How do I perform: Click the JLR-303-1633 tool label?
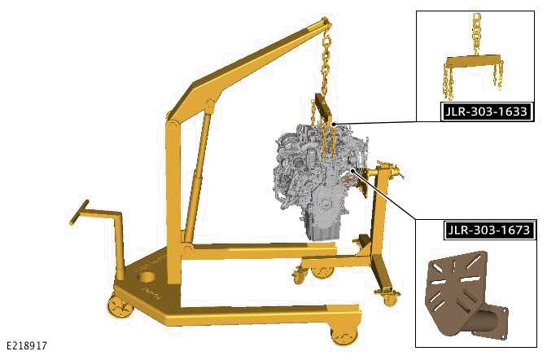pos(488,112)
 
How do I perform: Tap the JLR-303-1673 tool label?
pos(489,230)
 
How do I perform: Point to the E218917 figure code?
pos(27,345)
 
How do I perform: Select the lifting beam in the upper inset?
pos(474,62)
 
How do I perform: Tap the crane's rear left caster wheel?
pos(120,306)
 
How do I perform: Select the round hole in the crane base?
pos(148,278)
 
